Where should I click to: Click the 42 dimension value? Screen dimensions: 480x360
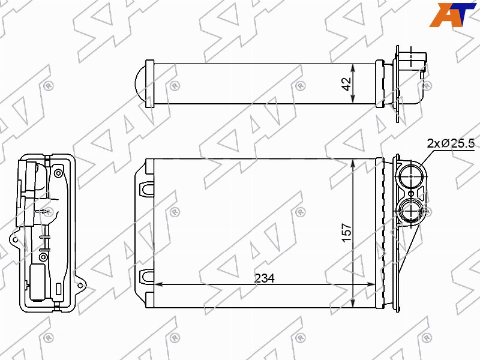pos(347,84)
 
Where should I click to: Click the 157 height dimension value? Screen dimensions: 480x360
pos(347,233)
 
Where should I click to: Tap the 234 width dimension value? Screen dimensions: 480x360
pos(265,278)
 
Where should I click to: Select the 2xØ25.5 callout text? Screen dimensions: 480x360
pos(451,143)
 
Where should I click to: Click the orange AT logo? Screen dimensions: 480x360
pos(453,14)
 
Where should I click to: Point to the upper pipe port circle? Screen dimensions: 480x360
pos(410,177)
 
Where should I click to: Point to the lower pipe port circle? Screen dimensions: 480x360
pos(410,211)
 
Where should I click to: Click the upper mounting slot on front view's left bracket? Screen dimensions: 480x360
pos(146,189)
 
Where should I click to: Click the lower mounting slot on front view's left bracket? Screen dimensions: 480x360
pos(146,276)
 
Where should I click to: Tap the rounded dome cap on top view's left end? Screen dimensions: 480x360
pos(140,83)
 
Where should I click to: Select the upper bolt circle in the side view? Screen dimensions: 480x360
pos(58,174)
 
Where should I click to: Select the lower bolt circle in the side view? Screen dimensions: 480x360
pos(43,257)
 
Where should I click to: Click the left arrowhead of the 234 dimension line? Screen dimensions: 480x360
pos(158,284)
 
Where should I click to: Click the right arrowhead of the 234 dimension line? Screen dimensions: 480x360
pos(371,284)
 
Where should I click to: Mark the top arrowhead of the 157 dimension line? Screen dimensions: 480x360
pos(353,164)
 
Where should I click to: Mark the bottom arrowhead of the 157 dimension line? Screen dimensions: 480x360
pos(353,302)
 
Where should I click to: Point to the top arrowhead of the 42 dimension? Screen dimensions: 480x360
pos(353,68)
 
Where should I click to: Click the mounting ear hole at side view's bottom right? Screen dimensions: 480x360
pos(80,286)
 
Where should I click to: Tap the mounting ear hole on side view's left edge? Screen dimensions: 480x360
pos(14,240)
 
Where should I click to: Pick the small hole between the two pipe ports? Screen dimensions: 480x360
pos(411,194)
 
